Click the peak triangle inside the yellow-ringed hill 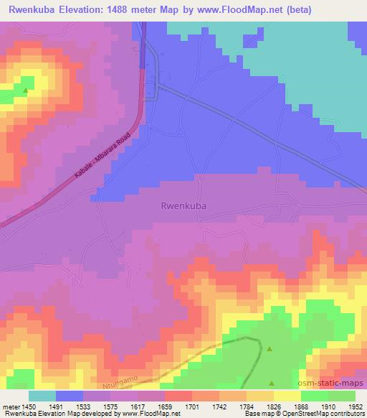26,90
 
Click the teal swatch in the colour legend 42,395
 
